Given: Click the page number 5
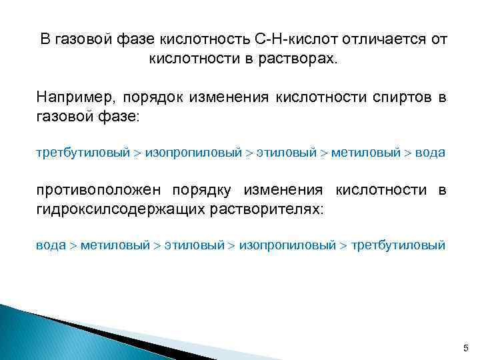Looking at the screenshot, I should pos(465,349).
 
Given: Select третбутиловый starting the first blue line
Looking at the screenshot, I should pos(83,153).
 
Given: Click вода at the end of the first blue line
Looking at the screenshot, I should pos(430,153).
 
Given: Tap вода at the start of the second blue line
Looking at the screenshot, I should pos(51,245).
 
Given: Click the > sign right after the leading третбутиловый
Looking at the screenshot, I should pos(137,153).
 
